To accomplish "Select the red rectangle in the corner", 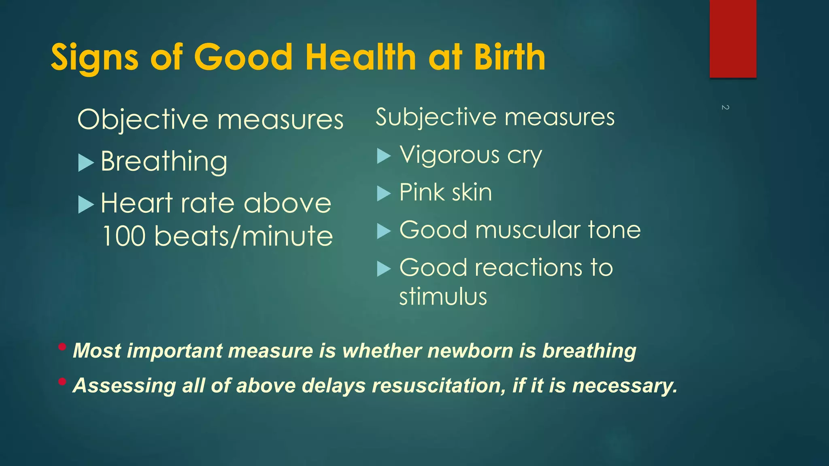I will [x=733, y=39].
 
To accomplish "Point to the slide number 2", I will [x=725, y=107].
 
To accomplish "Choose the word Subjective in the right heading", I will [x=436, y=117].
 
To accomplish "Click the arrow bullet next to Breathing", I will [x=85, y=163].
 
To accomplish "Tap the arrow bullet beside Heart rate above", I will [x=85, y=204].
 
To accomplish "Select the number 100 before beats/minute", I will [x=124, y=236].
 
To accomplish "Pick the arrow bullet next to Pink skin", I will [x=383, y=193].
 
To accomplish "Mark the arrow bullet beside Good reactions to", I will [x=383, y=269].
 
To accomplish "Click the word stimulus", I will [x=443, y=297].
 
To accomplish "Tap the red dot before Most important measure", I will [x=62, y=347].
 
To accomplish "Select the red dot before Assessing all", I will [x=62, y=381].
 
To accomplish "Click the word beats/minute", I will [x=244, y=236].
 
